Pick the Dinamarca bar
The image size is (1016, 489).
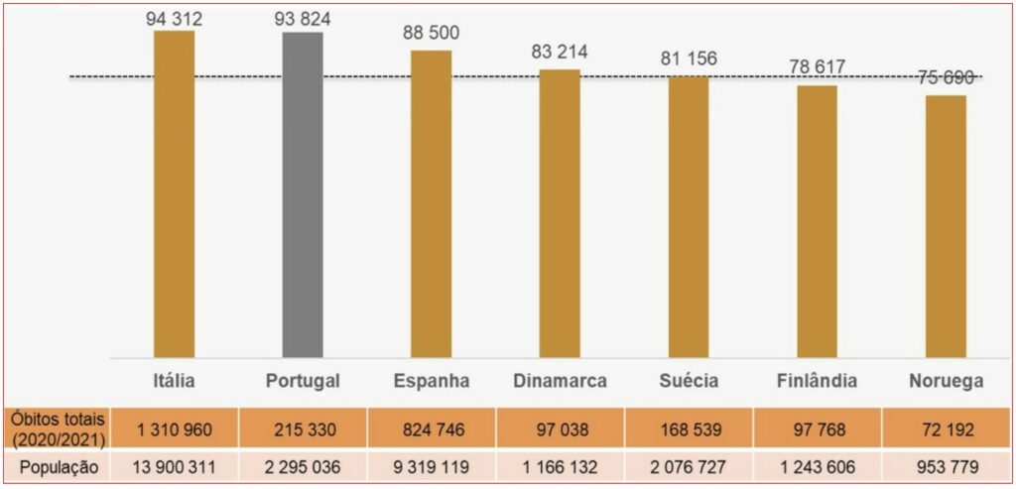[x=560, y=213]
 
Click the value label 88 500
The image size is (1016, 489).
[x=431, y=33]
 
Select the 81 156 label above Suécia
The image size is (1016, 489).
[x=689, y=59]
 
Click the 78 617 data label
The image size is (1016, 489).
[x=817, y=67]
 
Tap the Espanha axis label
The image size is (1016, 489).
[x=431, y=381]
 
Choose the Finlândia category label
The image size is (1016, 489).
[x=818, y=381]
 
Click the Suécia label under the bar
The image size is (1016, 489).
[x=689, y=381]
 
